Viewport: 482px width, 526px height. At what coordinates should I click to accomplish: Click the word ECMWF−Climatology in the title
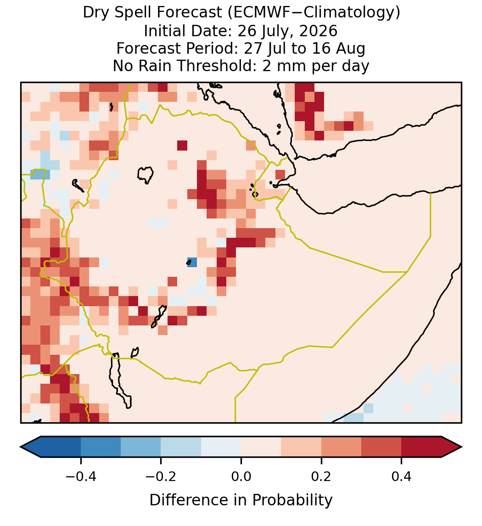click(x=314, y=13)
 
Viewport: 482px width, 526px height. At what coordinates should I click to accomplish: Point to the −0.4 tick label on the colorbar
click(x=81, y=476)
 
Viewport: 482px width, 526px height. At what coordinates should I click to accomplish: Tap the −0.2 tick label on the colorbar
click(x=161, y=476)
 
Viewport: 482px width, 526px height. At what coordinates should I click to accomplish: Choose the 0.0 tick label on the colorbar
click(x=241, y=476)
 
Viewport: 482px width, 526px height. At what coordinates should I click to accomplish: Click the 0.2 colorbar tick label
click(x=321, y=476)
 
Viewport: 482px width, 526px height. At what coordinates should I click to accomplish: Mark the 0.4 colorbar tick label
click(x=402, y=476)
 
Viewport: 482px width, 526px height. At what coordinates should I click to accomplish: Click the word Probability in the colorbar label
click(x=292, y=500)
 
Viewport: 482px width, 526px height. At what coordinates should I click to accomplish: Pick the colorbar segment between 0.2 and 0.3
click(x=342, y=447)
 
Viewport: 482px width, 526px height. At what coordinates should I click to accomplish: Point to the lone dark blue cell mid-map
click(x=192, y=262)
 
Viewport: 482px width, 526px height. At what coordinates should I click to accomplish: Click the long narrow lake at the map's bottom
click(x=119, y=379)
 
